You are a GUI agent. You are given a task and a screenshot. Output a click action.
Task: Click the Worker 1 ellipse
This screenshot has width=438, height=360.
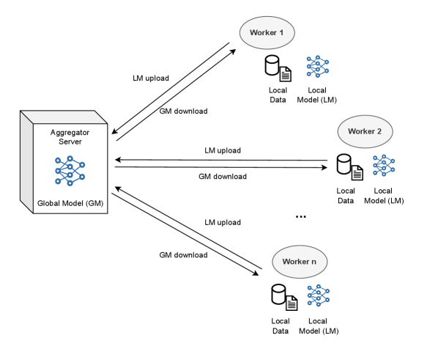[267, 33]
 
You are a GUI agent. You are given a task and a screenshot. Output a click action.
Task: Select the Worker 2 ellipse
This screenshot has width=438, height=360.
[365, 131]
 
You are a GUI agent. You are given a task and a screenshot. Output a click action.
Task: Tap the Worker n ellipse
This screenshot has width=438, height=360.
[300, 262]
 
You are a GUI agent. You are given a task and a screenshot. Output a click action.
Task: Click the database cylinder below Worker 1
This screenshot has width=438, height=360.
[272, 66]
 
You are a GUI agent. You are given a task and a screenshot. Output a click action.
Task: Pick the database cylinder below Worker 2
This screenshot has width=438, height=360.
[344, 164]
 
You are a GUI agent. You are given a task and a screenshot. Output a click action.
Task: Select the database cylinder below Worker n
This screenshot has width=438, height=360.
[278, 294]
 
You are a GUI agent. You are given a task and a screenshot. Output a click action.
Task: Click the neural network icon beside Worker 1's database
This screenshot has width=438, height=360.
[317, 67]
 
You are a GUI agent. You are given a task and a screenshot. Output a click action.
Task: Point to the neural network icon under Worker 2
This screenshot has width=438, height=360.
[384, 165]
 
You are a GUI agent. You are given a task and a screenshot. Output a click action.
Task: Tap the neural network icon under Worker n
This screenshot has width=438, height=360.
[318, 295]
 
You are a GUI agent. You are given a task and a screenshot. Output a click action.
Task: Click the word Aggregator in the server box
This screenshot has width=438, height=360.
[70, 132]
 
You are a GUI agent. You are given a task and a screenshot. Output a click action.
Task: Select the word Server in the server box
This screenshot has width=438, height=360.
[70, 142]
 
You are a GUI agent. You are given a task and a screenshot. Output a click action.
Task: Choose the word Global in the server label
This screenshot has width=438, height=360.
[49, 202]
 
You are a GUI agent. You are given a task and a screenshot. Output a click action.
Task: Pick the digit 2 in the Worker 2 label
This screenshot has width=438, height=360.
[379, 131]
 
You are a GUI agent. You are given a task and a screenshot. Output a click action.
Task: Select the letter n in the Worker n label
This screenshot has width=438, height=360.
[314, 262]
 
